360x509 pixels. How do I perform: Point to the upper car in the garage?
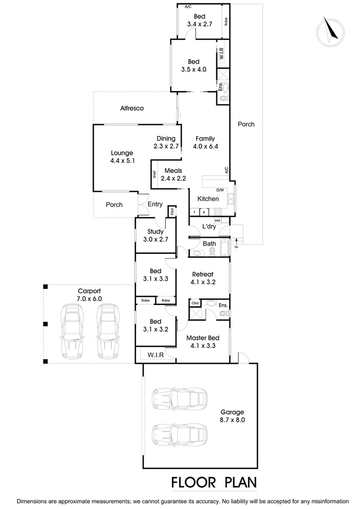(x=180, y=398)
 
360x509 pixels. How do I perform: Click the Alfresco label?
(x=132, y=108)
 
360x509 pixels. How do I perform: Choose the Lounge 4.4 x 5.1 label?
(x=122, y=156)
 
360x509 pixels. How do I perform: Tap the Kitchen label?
(x=208, y=199)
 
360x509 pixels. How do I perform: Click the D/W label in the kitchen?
(x=220, y=190)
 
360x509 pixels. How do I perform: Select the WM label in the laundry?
(x=217, y=221)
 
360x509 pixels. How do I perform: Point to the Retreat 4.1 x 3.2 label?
(x=203, y=278)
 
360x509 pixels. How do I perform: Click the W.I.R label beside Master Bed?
(x=155, y=355)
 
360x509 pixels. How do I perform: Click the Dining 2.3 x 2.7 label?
(x=166, y=142)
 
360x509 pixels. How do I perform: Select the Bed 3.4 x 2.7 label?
(x=200, y=20)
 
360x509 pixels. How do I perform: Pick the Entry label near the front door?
(x=155, y=205)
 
